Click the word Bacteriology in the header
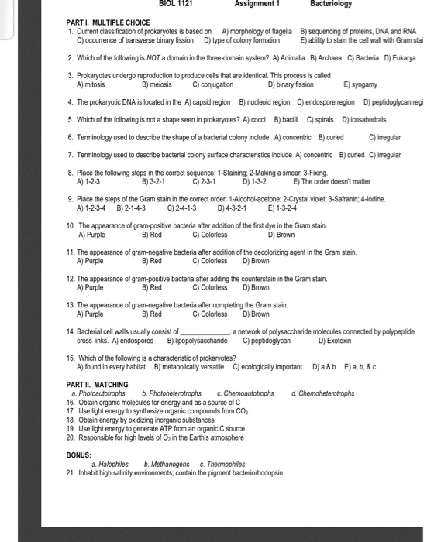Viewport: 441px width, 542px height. [x=331, y=4]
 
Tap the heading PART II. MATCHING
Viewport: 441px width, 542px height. [x=97, y=385]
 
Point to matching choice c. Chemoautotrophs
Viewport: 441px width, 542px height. [x=246, y=393]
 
